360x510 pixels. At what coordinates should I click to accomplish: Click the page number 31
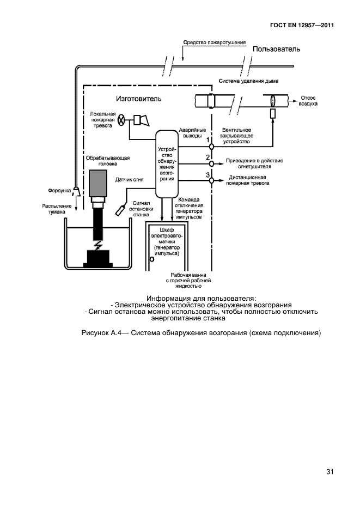(330, 471)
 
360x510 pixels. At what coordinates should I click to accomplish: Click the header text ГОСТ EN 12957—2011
(302, 26)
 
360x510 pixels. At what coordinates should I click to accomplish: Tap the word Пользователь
(276, 49)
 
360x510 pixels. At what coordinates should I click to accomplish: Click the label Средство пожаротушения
(215, 42)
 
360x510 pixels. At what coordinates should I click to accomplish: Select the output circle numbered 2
(211, 163)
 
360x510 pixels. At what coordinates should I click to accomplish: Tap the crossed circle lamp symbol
(123, 120)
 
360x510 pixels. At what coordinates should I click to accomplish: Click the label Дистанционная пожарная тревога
(248, 180)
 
